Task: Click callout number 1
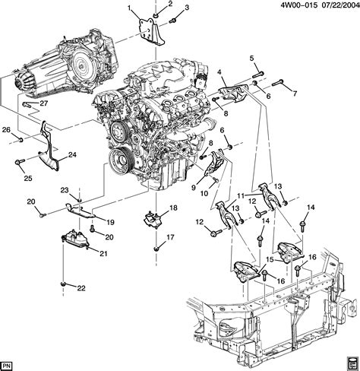pos(131,8)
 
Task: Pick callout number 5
pos(251,59)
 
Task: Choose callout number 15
pos(268,259)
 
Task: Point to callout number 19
pos(110,222)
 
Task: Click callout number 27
pos(44,104)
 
